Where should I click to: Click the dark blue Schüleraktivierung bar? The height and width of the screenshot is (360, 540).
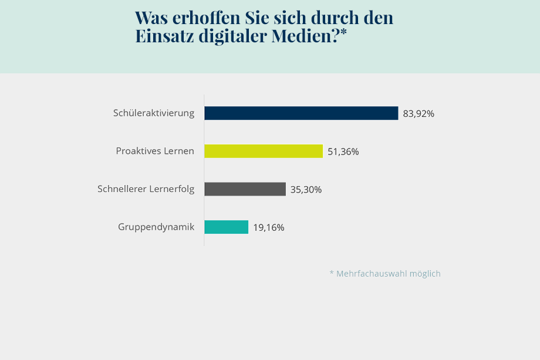pyautogui.click(x=301, y=113)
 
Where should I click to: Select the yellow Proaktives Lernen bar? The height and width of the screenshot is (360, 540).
pyautogui.click(x=264, y=151)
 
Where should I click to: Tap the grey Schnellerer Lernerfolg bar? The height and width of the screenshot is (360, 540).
pyautogui.click(x=245, y=189)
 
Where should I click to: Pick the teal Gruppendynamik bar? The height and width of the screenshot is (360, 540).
pyautogui.click(x=226, y=227)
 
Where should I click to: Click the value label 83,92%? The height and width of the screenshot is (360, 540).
pyautogui.click(x=419, y=114)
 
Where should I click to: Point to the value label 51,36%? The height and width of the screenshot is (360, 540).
pyautogui.click(x=343, y=152)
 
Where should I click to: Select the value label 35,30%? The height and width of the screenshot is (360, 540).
pyautogui.click(x=306, y=190)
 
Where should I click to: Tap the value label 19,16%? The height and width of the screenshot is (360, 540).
pyautogui.click(x=269, y=228)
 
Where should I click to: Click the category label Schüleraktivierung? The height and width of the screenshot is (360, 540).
pyautogui.click(x=154, y=113)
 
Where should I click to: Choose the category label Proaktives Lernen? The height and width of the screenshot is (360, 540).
pyautogui.click(x=155, y=151)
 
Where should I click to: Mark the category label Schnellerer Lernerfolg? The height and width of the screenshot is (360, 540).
pyautogui.click(x=146, y=189)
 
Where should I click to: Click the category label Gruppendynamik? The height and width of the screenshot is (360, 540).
pyautogui.click(x=156, y=227)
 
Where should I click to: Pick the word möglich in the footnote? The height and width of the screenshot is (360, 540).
pyautogui.click(x=427, y=274)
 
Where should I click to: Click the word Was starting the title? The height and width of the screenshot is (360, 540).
pyautogui.click(x=152, y=17)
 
